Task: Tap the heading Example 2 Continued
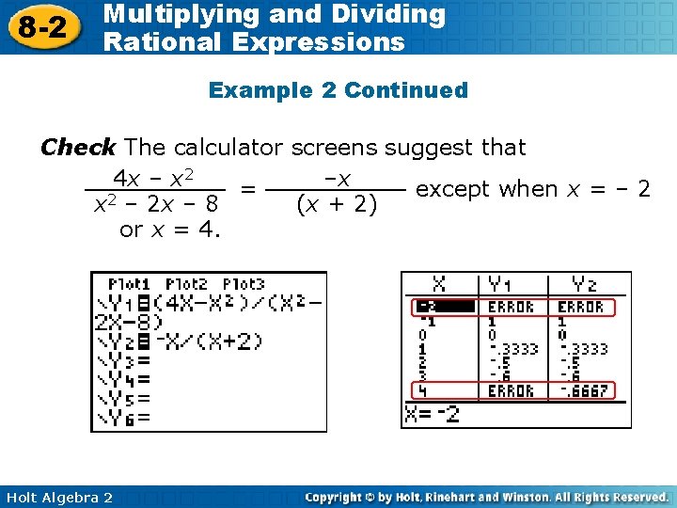pos(338,90)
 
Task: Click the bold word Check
pos(77,148)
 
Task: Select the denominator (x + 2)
pos(336,203)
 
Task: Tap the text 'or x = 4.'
pos(170,229)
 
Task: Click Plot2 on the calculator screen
pos(185,284)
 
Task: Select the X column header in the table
pos(439,284)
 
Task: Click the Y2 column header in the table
pos(584,284)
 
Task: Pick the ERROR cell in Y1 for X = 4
pos(512,390)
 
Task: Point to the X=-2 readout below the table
pos(432,414)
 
